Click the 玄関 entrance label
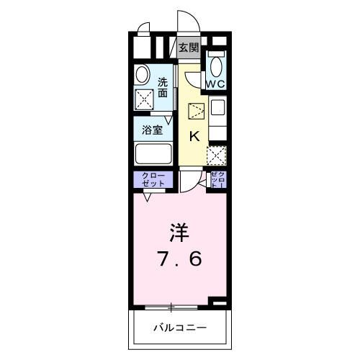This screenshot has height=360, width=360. click(x=188, y=48)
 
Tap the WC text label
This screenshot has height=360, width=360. click(x=216, y=83)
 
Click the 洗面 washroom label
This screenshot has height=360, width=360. click(x=163, y=87)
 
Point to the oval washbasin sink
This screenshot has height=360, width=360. click(x=142, y=73)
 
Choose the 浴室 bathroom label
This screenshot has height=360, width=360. click(x=152, y=130)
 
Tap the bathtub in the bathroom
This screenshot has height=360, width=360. click(x=153, y=154)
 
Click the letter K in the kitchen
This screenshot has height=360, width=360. click(x=194, y=135)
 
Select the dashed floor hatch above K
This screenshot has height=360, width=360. click(x=196, y=112)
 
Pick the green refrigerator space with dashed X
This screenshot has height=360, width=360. click(x=217, y=155)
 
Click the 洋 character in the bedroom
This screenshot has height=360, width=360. click(x=179, y=232)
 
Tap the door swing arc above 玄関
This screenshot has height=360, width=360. click(x=187, y=23)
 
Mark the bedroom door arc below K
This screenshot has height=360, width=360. click(x=189, y=181)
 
